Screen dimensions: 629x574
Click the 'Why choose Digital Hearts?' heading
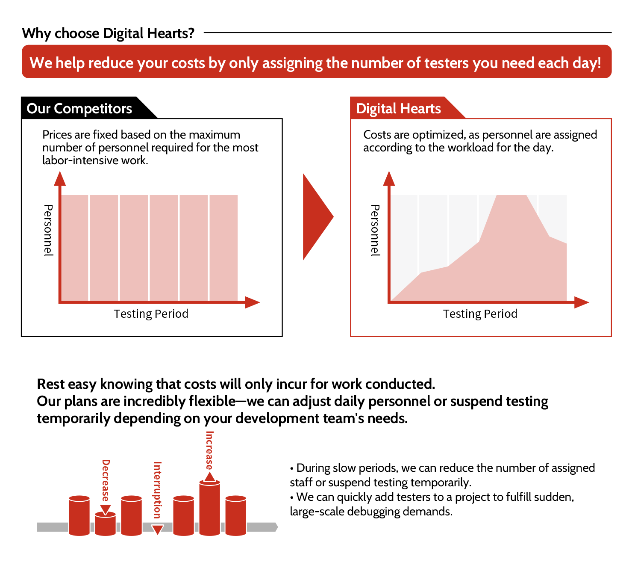click(108, 33)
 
